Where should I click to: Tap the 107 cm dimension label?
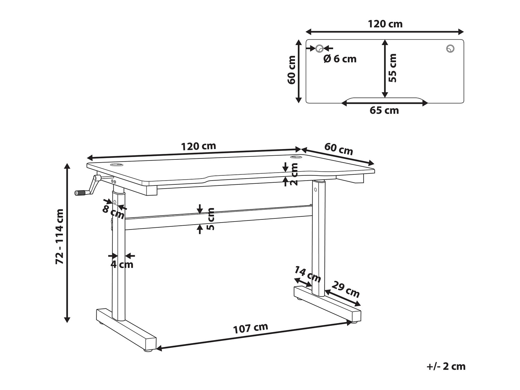pos(251,328)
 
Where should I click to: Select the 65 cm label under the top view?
pos(384,111)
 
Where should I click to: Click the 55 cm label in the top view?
pos(392,68)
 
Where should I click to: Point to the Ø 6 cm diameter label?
pos(340,59)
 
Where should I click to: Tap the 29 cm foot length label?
pos(346,289)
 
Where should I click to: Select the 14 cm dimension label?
pos(307,274)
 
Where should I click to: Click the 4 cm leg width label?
pos(122,264)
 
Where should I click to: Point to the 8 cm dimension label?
pos(113,212)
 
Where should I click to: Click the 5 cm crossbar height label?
pos(210,219)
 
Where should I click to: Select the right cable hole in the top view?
pos(450,49)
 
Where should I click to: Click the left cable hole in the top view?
pos(320,49)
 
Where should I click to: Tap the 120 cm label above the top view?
pos(385,24)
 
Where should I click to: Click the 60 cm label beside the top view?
pos(292,70)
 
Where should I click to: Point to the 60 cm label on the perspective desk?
pos(339,149)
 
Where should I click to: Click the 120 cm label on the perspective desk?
pos(199,146)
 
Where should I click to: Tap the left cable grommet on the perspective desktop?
pos(116,164)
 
